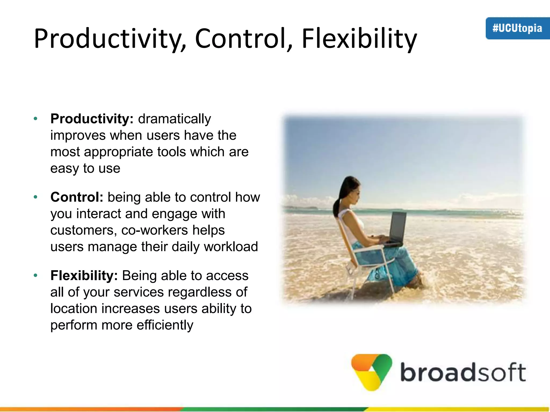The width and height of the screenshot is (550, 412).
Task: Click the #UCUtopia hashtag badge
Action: click(517, 28)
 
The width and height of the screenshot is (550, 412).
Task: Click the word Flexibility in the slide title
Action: click(359, 39)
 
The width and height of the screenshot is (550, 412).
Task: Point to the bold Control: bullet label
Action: click(77, 197)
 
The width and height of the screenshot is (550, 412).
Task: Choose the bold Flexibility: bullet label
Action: click(84, 275)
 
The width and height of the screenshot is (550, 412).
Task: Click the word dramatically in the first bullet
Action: click(175, 119)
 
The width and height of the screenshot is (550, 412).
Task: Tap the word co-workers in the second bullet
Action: click(154, 230)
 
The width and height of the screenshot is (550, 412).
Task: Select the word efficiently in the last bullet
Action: click(165, 325)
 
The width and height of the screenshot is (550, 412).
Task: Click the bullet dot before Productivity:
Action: click(35, 119)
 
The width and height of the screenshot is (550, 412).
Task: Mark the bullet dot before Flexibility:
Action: click(35, 275)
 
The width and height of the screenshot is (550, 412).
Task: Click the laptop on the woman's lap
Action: click(397, 228)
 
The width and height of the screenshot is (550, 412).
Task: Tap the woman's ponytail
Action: click(338, 204)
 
